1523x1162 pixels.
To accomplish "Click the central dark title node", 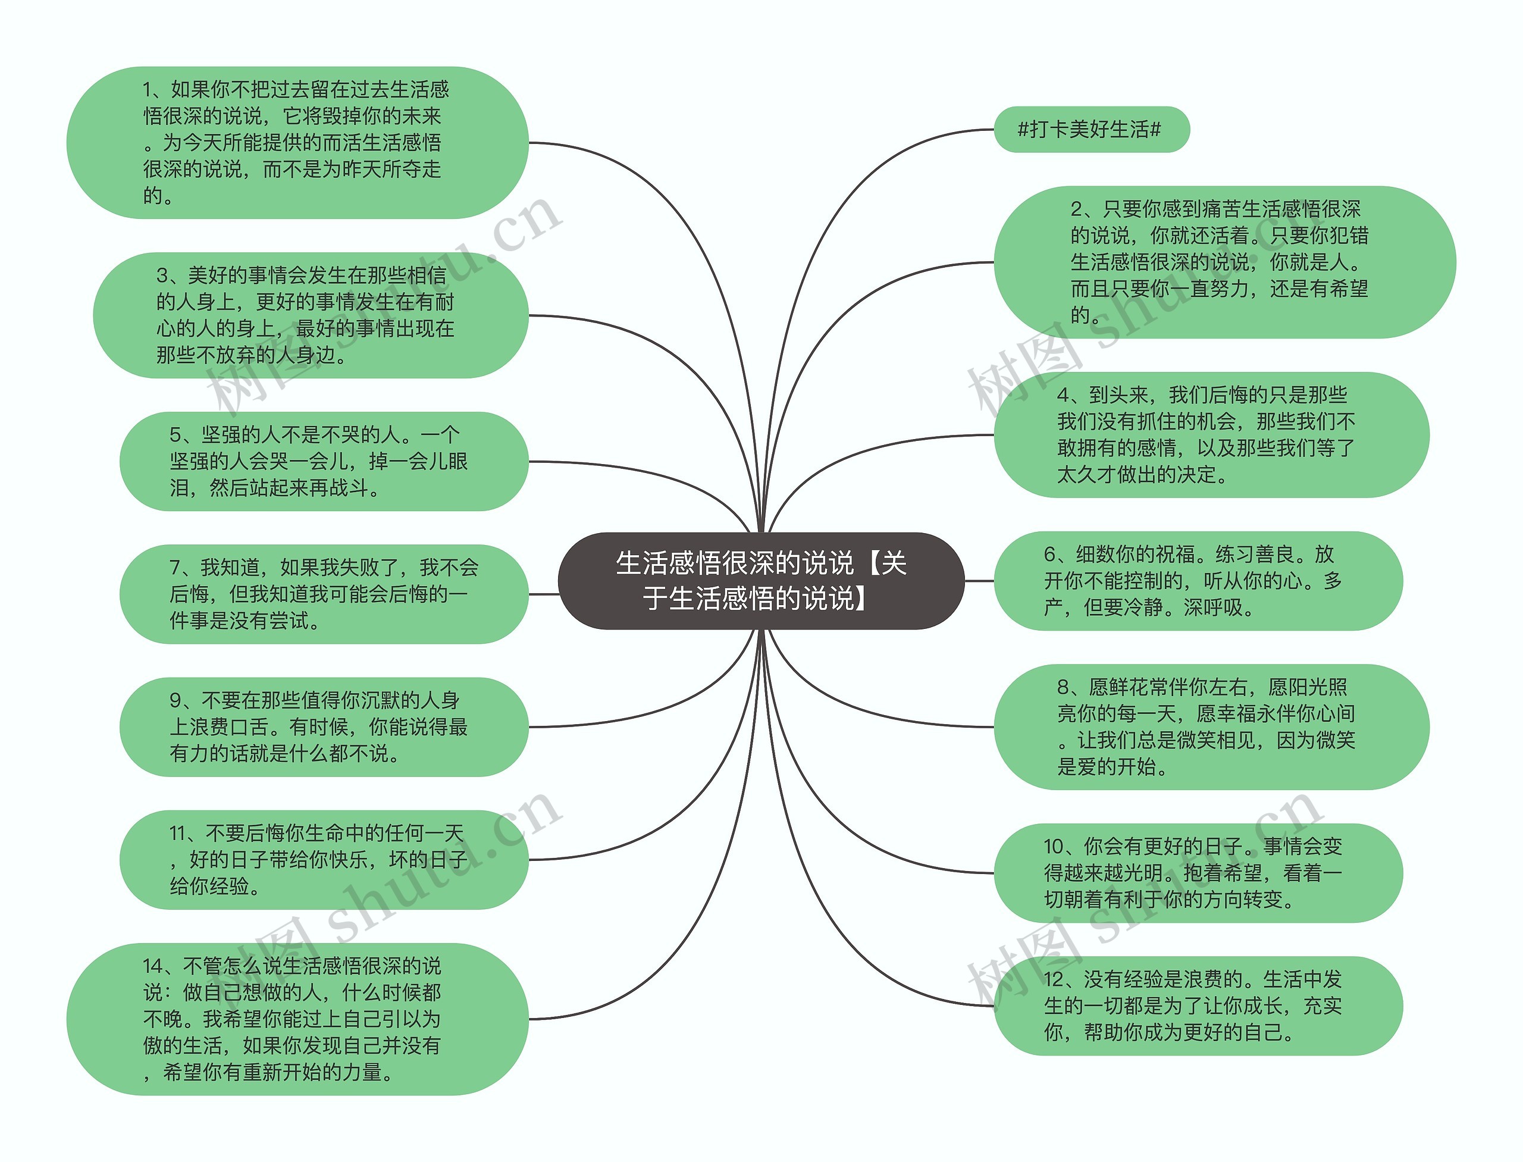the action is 760,580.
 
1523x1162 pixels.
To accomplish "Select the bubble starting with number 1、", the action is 297,142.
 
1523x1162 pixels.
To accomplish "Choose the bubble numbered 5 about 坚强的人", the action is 323,461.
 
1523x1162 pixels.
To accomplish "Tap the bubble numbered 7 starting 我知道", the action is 323,594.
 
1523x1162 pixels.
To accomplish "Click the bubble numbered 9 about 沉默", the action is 323,727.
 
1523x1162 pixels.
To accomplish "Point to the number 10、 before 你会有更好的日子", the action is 1060,846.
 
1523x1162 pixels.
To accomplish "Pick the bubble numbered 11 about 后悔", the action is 323,860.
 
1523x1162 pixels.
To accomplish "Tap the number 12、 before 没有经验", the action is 1060,979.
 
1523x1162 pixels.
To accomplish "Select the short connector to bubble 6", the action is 979,581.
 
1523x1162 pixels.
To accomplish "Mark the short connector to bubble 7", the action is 544,594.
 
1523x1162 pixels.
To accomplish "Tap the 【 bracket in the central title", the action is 872,563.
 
